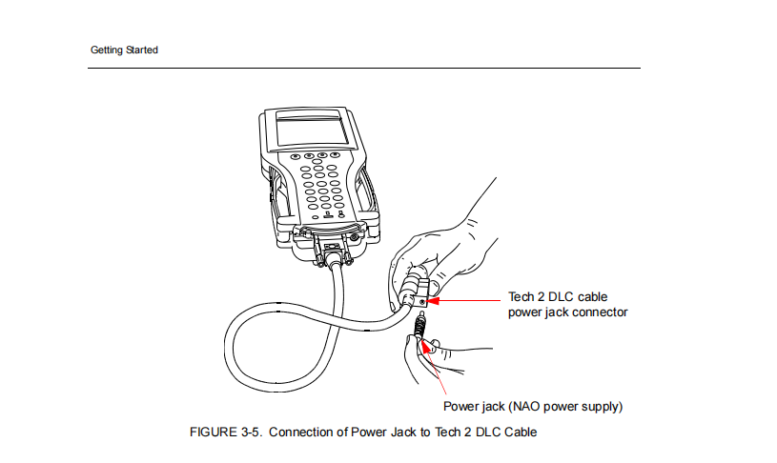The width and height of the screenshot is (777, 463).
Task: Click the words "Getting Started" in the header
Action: coord(124,50)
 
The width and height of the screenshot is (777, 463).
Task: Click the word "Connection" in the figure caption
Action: coord(310,433)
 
